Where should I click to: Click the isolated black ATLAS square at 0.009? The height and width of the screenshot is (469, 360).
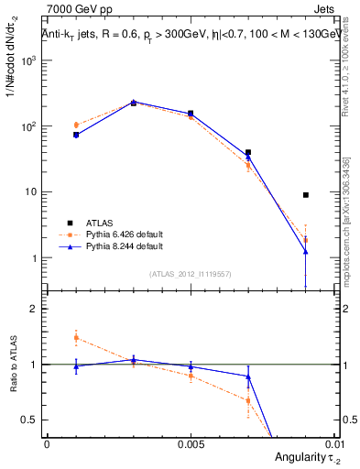coord(306,195)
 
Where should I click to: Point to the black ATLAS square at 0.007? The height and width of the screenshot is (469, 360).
coord(248,153)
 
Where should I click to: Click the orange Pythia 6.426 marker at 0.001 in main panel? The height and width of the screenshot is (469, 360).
coord(76,125)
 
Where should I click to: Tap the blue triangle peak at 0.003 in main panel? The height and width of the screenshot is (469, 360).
coord(134,102)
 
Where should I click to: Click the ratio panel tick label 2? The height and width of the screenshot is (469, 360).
coord(34,309)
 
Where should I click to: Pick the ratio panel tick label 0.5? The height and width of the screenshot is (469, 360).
coord(30,420)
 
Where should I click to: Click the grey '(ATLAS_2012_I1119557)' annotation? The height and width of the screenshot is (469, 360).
coord(191,274)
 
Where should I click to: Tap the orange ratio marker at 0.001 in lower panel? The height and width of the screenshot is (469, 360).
coord(76,338)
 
